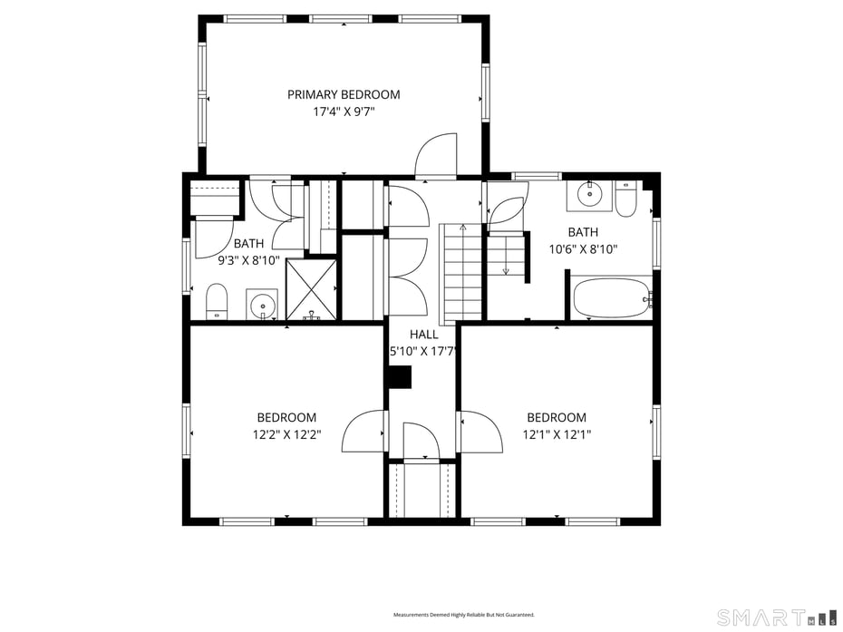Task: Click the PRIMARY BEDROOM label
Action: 344,94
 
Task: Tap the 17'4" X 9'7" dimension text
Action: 344,112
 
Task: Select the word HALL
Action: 423,335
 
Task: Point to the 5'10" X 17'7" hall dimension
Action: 423,351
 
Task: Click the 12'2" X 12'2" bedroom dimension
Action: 286,434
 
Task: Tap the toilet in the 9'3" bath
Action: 217,302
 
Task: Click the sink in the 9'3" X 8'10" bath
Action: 262,304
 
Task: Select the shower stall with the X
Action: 311,289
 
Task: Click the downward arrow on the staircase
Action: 506,268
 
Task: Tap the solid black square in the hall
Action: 400,376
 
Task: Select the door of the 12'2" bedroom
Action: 365,431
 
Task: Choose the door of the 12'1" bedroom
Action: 481,432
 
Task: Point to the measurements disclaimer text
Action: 463,615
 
